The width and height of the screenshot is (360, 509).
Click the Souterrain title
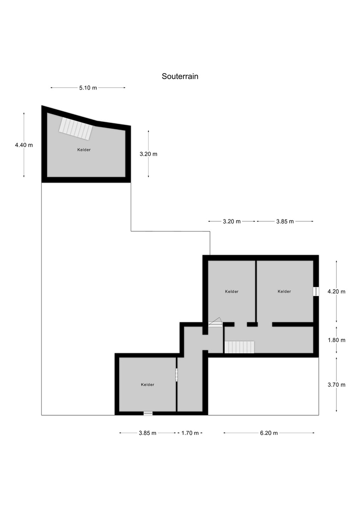pyautogui.click(x=180, y=76)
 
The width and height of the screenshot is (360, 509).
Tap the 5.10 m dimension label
pyautogui.click(x=88, y=88)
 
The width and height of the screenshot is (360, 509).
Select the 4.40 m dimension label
pyautogui.click(x=24, y=145)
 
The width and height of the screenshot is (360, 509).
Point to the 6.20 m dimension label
pyautogui.click(x=269, y=433)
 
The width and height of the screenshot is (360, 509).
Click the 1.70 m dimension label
pyautogui.click(x=190, y=433)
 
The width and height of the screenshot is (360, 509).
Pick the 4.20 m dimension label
pyautogui.click(x=336, y=291)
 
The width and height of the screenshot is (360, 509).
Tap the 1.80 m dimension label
pyautogui.click(x=336, y=340)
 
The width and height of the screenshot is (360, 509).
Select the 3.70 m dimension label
pyautogui.click(x=336, y=385)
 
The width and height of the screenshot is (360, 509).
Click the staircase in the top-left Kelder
pyautogui.click(x=76, y=128)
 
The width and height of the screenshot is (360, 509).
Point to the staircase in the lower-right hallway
pyautogui.click(x=240, y=347)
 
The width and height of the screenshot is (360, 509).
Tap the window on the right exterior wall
pyautogui.click(x=316, y=292)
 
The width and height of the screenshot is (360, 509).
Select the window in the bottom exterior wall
pyautogui.click(x=148, y=413)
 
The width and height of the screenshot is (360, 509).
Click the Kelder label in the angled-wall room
pyautogui.click(x=84, y=150)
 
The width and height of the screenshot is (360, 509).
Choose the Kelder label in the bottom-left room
pyautogui.click(x=147, y=385)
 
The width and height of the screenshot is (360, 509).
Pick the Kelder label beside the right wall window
pyautogui.click(x=284, y=291)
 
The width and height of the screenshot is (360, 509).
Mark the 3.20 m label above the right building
pyautogui.click(x=232, y=221)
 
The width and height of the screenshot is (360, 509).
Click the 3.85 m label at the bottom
pyautogui.click(x=148, y=433)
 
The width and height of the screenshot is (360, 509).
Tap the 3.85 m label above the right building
pyautogui.click(x=285, y=221)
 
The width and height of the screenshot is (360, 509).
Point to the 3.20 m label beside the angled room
pyautogui.click(x=148, y=154)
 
